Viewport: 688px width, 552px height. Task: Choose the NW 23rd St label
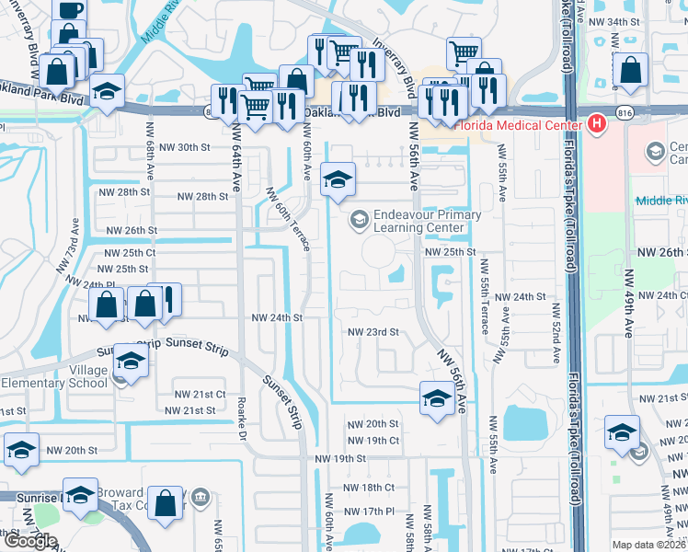point(373,332)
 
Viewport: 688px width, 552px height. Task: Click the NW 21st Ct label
point(201,394)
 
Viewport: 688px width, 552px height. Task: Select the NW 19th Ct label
point(373,441)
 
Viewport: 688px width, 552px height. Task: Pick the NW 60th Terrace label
point(286,218)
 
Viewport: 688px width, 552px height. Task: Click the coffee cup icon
point(71,9)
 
